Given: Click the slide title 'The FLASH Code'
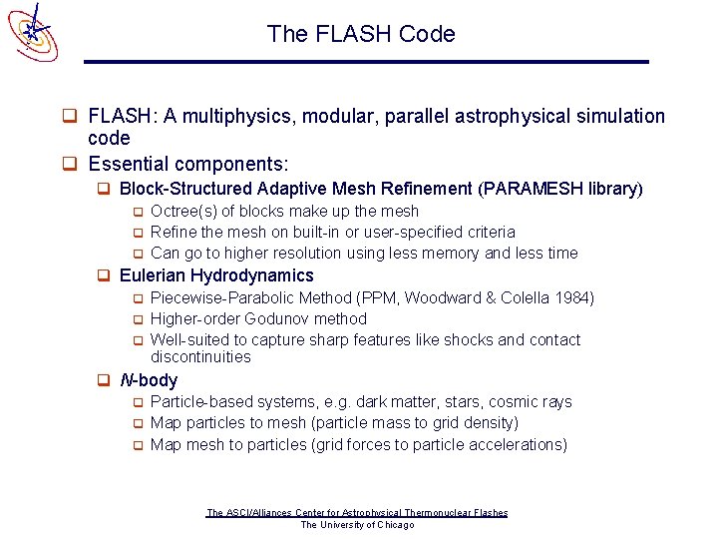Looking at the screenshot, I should tap(360, 34).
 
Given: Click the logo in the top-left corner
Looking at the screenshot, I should tap(33, 30).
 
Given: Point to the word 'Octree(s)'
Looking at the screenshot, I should tap(184, 211).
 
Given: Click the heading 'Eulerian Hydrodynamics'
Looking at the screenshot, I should tap(215, 275).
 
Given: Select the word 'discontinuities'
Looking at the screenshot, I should tap(200, 357).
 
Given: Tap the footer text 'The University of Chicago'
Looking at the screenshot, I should tap(357, 525).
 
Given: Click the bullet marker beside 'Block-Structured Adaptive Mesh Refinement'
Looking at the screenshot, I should tap(103, 189).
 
